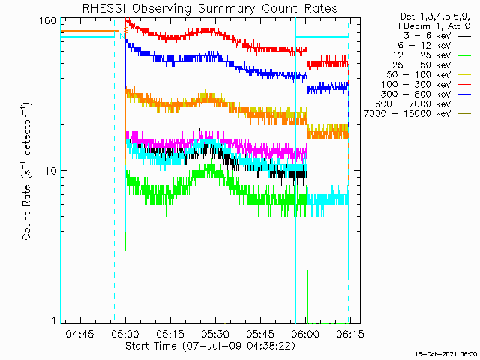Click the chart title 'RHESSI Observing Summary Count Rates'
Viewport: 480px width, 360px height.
(x=210, y=8)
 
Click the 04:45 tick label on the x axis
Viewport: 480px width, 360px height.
(x=80, y=333)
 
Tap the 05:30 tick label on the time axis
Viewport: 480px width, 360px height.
(x=215, y=333)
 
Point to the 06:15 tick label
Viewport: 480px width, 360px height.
(x=350, y=333)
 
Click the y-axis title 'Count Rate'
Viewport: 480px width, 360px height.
(x=27, y=212)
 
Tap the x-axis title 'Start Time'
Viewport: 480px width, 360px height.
(x=151, y=346)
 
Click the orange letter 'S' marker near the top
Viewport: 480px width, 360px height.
(x=125, y=30)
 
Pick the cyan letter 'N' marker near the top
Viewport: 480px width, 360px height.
(x=121, y=36)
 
